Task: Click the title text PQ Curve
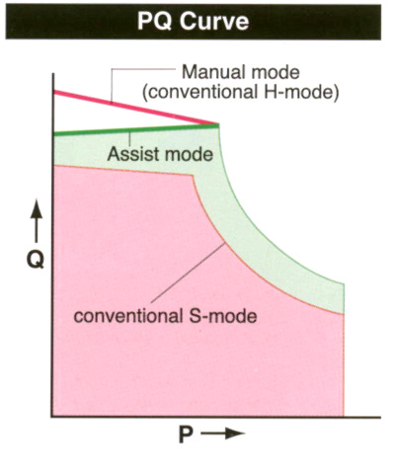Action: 193,22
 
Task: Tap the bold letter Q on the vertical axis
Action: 36,261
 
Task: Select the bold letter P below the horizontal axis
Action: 186,434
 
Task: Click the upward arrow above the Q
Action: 37,221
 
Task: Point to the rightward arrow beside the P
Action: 223,434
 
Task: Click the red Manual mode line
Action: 136,108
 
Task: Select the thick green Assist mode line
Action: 136,129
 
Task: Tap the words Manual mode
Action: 241,72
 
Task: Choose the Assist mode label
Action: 160,154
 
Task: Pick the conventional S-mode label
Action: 165,316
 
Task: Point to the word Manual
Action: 211,72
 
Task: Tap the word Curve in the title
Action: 214,22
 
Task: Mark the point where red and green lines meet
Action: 218,124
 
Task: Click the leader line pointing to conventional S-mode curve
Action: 189,273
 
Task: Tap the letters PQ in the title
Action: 155,22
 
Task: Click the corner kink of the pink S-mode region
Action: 193,176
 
